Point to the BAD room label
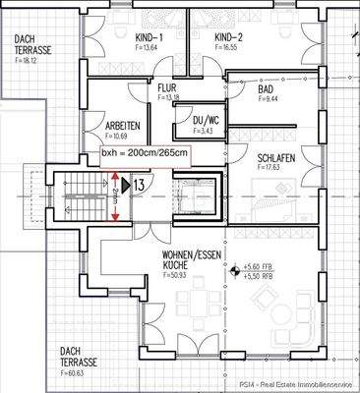(265, 89)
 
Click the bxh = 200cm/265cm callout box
(145, 155)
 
